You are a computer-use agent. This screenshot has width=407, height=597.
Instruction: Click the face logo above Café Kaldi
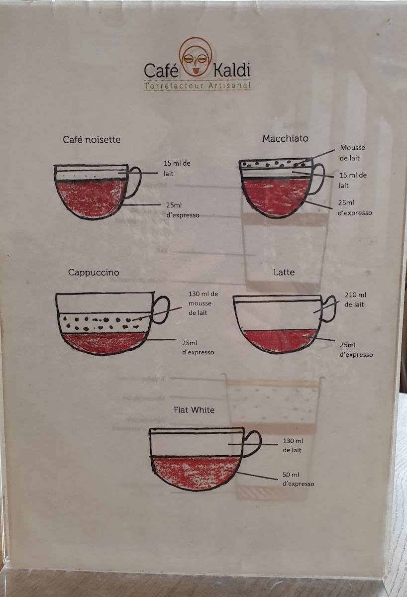coord(196,57)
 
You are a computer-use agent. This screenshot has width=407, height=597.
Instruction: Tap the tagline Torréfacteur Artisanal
coord(198,86)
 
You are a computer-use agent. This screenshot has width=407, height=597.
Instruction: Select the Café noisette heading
coord(92,140)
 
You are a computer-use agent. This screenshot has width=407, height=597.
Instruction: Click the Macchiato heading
coord(285,138)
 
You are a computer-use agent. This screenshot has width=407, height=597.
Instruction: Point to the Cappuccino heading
coord(94,273)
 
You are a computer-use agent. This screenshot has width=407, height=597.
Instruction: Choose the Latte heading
coord(284,272)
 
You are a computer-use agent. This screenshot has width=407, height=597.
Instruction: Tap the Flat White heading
coord(194,409)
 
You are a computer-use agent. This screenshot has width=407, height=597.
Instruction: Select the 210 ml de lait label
coord(355,299)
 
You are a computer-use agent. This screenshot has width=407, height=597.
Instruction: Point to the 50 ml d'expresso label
coord(298,479)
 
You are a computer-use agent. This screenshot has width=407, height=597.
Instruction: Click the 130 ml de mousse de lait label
coord(203,303)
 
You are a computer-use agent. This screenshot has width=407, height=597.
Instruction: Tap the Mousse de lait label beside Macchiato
coord(352,153)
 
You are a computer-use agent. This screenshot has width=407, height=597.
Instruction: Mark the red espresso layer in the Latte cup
coord(280,341)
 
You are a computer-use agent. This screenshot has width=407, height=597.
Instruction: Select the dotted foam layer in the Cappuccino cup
coord(102,323)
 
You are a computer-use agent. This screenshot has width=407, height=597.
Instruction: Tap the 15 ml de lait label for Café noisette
coord(177,169)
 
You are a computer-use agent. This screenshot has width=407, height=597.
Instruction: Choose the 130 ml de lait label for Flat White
coord(293,445)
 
